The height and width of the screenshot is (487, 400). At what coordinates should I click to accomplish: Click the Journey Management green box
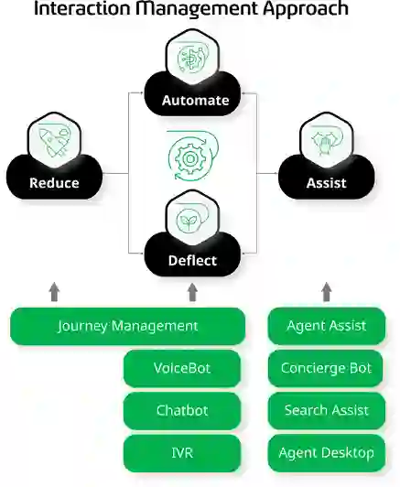coord(127,326)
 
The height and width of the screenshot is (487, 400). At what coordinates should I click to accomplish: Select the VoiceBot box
coord(182,368)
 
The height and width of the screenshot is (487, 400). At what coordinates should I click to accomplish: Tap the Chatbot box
coord(182,411)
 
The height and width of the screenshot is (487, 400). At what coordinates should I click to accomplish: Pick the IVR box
coord(182,453)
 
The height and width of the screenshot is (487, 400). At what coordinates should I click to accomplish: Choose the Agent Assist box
coord(327,326)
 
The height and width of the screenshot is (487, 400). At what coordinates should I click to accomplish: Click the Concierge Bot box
coord(325,368)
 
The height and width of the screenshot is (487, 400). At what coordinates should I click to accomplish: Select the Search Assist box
coord(327,411)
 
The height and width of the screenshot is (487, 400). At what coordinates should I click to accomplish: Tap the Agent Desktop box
coord(327,453)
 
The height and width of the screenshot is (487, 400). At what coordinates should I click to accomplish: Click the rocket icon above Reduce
coord(54,141)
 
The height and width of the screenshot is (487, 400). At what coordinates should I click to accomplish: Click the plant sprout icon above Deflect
coord(187,221)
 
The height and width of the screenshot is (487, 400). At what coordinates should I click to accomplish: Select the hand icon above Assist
coord(326,143)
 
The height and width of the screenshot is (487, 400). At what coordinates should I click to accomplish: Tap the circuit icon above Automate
coord(192,59)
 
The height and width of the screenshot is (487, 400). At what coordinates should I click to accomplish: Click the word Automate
coord(195,101)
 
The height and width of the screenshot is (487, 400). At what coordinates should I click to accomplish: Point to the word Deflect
coord(192,261)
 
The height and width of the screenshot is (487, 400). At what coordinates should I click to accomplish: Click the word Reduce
coord(54,183)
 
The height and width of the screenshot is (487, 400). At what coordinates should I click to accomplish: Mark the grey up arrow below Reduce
coord(54,292)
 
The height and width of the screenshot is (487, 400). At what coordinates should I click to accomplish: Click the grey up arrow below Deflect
coord(192,292)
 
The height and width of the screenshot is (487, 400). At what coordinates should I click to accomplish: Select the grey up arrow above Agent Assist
coord(327,292)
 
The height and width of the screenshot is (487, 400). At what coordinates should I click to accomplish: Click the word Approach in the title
coord(306,9)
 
